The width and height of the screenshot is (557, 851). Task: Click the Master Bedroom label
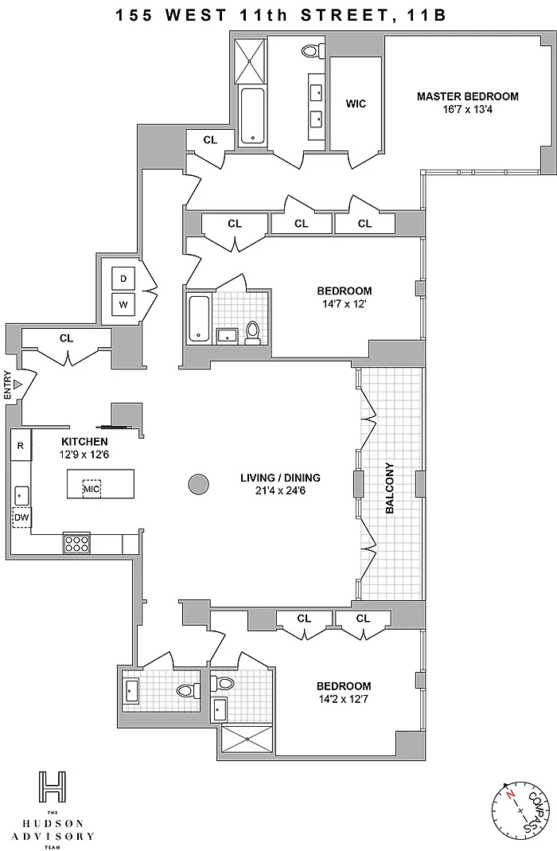pyautogui.click(x=467, y=96)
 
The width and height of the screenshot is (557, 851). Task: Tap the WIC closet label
pyautogui.click(x=356, y=103)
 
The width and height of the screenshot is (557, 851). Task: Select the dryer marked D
pyautogui.click(x=123, y=279)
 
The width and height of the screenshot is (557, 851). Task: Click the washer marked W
pyautogui.click(x=123, y=303)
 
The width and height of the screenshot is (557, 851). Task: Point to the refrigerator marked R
pyautogui.click(x=20, y=446)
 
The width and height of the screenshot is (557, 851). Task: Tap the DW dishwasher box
pyautogui.click(x=21, y=518)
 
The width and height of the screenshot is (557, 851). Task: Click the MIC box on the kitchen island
pyautogui.click(x=92, y=489)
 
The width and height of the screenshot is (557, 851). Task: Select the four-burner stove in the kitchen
pyautogui.click(x=76, y=544)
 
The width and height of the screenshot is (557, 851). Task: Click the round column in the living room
pyautogui.click(x=197, y=483)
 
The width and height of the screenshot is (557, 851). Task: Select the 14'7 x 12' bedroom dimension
pyautogui.click(x=344, y=303)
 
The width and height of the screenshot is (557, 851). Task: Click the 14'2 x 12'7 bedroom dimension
pyautogui.click(x=344, y=699)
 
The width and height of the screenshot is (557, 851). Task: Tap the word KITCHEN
pyautogui.click(x=84, y=441)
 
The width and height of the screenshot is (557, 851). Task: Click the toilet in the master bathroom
pyautogui.click(x=310, y=51)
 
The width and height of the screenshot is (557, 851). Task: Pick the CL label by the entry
pyautogui.click(x=66, y=338)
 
